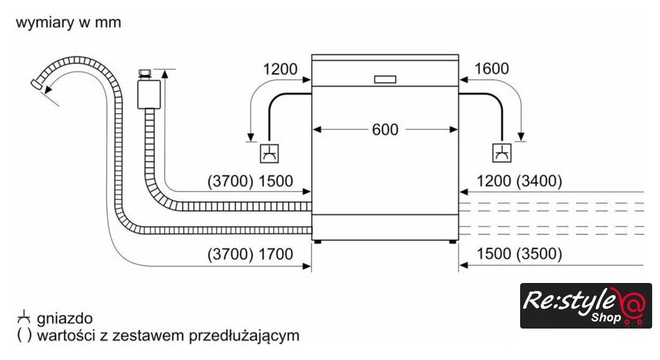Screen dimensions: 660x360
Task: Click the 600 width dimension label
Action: click(385, 130)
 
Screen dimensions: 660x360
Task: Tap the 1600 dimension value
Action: click(492, 68)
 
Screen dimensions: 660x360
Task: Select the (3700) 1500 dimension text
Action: click(250, 181)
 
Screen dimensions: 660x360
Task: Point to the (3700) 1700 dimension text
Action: click(250, 254)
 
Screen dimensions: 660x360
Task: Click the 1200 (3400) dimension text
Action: click(519, 181)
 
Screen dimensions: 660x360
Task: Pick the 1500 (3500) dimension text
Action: click(519, 253)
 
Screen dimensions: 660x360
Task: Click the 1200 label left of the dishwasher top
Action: click(280, 69)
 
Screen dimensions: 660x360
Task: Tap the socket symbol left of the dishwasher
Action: click(269, 153)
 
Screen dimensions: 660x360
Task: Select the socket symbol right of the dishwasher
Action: click(502, 152)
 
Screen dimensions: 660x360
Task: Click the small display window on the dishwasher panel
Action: click(385, 79)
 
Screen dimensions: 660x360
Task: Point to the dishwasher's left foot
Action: click(317, 241)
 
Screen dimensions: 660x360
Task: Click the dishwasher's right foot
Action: click(453, 241)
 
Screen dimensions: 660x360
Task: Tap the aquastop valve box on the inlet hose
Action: click(148, 94)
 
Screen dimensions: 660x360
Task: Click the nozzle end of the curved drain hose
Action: click(37, 83)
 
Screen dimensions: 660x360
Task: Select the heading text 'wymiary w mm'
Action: click(68, 22)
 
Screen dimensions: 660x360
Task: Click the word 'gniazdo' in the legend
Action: click(64, 318)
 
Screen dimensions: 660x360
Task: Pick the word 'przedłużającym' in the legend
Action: click(244, 336)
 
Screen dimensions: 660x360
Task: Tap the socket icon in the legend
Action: click(24, 317)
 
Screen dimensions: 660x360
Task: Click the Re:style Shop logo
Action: click(586, 306)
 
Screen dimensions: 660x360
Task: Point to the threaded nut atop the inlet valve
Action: click(145, 74)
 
